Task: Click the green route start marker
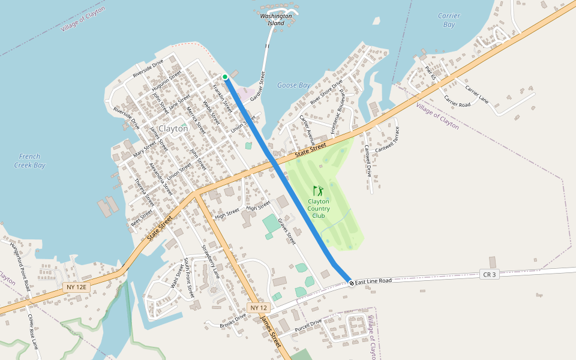(225, 77)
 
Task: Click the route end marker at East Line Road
(351, 283)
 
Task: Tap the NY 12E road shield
(76, 288)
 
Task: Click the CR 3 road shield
(490, 275)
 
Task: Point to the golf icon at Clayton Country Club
(318, 191)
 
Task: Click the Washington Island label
(276, 19)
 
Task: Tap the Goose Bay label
(294, 85)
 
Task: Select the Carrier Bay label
(449, 20)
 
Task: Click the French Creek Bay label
(29, 160)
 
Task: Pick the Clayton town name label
(173, 128)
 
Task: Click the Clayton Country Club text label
(319, 208)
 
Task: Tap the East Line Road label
(373, 281)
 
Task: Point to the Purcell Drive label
(308, 326)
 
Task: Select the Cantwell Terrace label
(387, 139)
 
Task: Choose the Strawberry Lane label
(210, 262)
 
